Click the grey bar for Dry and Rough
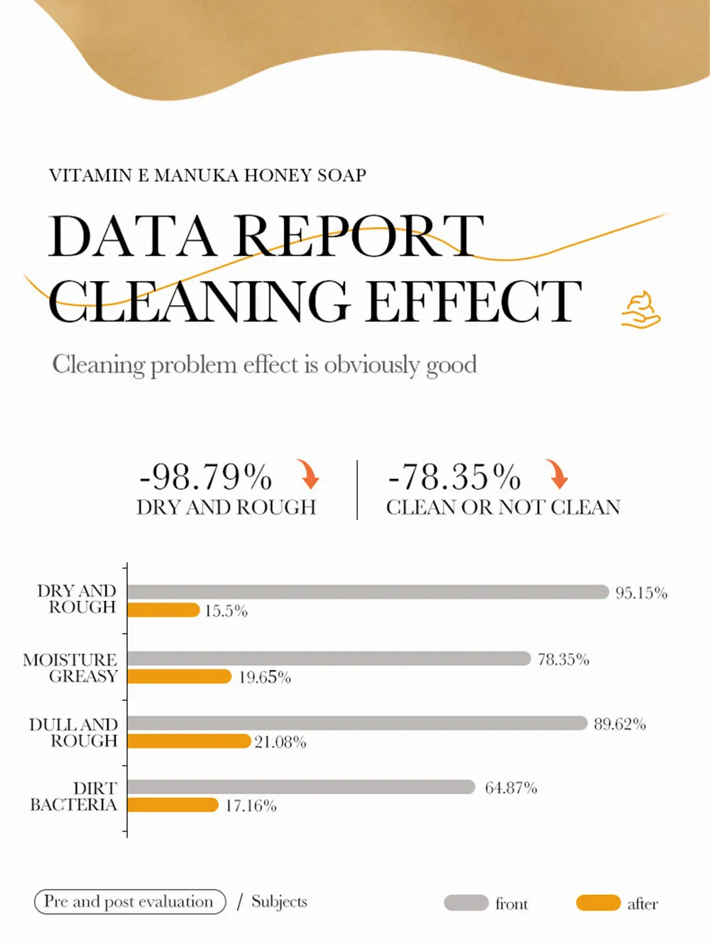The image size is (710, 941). pos(368,592)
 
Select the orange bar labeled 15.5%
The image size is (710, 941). pos(163,610)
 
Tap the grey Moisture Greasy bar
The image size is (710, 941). pos(329,659)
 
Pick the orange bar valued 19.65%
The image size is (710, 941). pos(180,676)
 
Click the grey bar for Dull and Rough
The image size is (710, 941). pos(357,723)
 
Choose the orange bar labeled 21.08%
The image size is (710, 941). pos(189,741)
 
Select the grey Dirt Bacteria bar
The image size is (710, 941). pos(301,787)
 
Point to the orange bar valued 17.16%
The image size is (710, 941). pos(173,805)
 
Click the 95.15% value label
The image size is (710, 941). pos(641,593)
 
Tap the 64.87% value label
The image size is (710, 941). pos(510,788)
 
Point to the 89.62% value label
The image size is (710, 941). pos(620,725)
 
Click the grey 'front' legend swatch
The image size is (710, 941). pos(466,903)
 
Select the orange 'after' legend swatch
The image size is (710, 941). pos(598,903)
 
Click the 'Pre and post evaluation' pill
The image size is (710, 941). pos(130,902)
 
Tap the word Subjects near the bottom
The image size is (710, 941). pos(279,902)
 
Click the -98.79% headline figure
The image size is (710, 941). pos(206,477)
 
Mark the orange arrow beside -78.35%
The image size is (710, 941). pos(557,474)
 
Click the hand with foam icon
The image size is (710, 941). pos(640,310)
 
